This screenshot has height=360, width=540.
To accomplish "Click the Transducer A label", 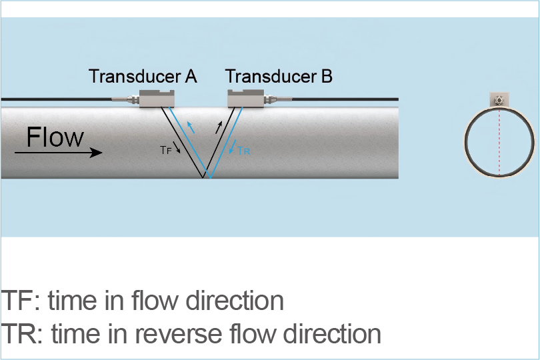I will click(x=143, y=77).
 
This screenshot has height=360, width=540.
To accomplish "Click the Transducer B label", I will click(x=279, y=77).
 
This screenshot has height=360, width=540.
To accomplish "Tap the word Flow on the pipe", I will click(x=55, y=137).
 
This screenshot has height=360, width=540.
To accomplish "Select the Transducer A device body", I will click(x=157, y=98).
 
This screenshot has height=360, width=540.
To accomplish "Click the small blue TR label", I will click(x=243, y=151).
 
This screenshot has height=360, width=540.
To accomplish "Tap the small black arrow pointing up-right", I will click(x=219, y=127).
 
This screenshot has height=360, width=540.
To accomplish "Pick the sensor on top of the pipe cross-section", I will click(x=499, y=100).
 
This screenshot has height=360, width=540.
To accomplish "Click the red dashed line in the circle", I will click(x=499, y=143).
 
